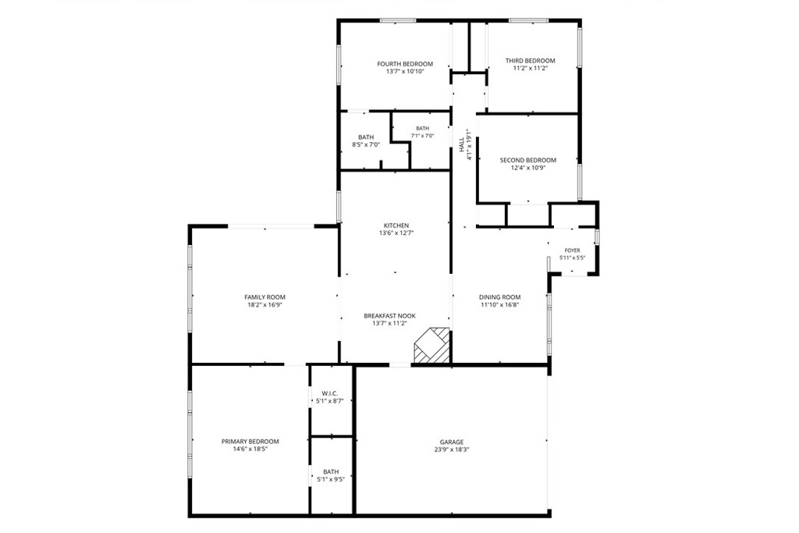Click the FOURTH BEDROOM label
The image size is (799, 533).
pyautogui.click(x=405, y=64)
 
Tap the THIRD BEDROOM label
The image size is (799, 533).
pyautogui.click(x=530, y=61)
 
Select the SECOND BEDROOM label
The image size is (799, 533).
pyautogui.click(x=528, y=160)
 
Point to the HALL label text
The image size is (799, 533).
pyautogui.click(x=462, y=144)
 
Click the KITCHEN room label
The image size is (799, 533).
pyautogui.click(x=396, y=226)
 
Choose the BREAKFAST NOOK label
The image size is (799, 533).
pyautogui.click(x=390, y=316)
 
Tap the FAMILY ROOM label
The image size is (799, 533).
pyautogui.click(x=265, y=297)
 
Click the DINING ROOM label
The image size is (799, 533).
pyautogui.click(x=500, y=297)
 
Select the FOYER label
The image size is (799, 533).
pyautogui.click(x=572, y=251)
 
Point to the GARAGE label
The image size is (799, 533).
pyautogui.click(x=452, y=442)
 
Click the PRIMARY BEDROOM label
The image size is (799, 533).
pyautogui.click(x=250, y=441)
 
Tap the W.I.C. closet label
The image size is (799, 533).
pyautogui.click(x=330, y=393)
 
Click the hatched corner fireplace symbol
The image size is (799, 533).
pyautogui.click(x=432, y=346)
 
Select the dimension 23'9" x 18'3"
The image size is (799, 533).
pyautogui.click(x=452, y=450)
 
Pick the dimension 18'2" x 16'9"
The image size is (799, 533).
pyautogui.click(x=265, y=304)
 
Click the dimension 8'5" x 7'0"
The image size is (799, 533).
pyautogui.click(x=366, y=144)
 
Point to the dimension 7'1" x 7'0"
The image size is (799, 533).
pyautogui.click(x=422, y=136)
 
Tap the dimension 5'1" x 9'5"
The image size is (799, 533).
pyautogui.click(x=331, y=479)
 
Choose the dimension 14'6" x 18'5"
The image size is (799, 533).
pyautogui.click(x=250, y=449)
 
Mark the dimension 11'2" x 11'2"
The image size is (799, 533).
pyautogui.click(x=530, y=68)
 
